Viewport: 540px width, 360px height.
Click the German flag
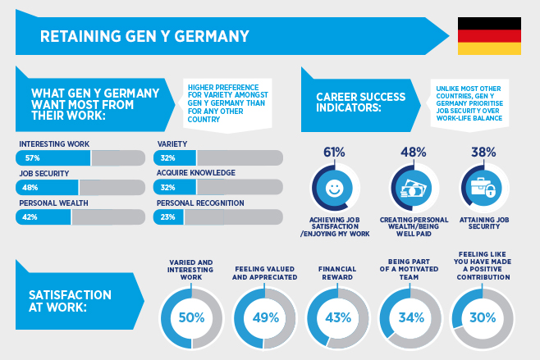point(489,36)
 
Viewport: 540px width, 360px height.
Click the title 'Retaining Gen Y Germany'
point(144,36)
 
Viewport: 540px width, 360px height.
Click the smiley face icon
point(333,188)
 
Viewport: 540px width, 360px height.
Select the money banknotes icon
point(412,188)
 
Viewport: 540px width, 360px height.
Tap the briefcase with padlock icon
point(483,188)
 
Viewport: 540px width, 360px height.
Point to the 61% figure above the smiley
point(333,152)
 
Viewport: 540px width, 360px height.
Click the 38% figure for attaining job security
point(483,152)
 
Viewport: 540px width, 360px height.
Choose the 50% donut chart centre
point(192,317)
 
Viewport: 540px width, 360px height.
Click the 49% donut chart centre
point(264,317)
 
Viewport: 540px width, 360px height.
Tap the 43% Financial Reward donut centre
point(336,317)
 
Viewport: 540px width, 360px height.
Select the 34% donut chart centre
point(409,317)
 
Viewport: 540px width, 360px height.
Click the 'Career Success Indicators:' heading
point(361,102)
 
